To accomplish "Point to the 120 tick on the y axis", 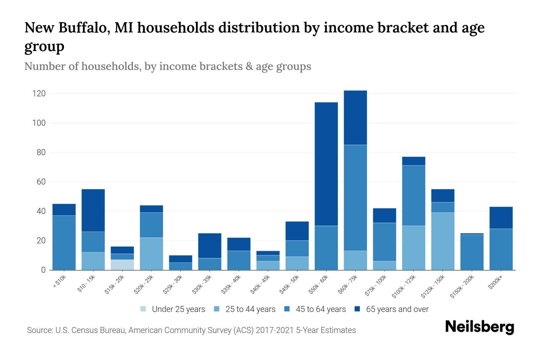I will point(39,94).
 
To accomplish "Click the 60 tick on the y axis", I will point(41,182).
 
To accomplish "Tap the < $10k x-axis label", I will point(59,282).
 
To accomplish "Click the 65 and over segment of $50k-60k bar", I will point(326,164).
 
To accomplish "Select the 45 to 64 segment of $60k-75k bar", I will point(355,198).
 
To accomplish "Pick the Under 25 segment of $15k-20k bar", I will point(122,265).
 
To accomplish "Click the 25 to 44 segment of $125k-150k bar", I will point(442,241).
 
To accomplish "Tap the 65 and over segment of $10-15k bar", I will point(93,210).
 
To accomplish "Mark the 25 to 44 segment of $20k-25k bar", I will point(151,254).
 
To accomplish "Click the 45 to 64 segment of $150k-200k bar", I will point(472,252).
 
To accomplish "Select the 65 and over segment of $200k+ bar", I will point(501,218).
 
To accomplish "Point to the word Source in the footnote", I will point(39,330).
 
